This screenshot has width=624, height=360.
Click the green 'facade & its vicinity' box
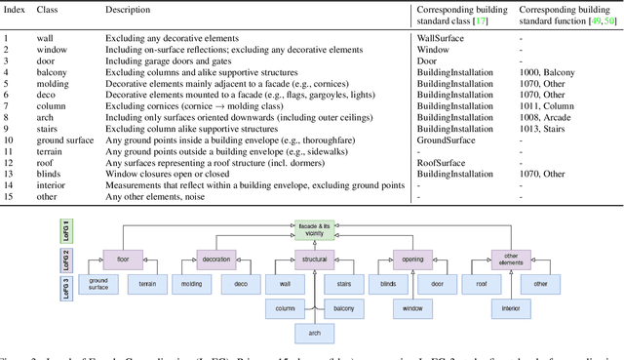(x=314, y=227)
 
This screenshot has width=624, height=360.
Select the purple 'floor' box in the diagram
(x=123, y=260)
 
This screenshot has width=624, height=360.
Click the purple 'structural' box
(x=314, y=260)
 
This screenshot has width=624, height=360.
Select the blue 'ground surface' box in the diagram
(x=98, y=284)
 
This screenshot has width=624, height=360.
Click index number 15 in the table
(x=7, y=198)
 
